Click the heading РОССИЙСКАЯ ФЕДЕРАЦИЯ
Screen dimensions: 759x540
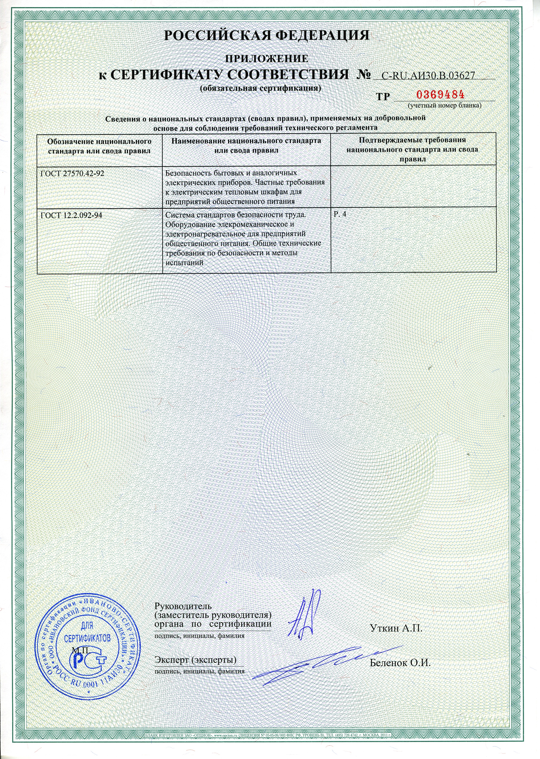coord(267,35)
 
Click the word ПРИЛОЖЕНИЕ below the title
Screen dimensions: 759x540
coord(267,58)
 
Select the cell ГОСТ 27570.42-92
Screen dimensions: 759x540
coord(70,174)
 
